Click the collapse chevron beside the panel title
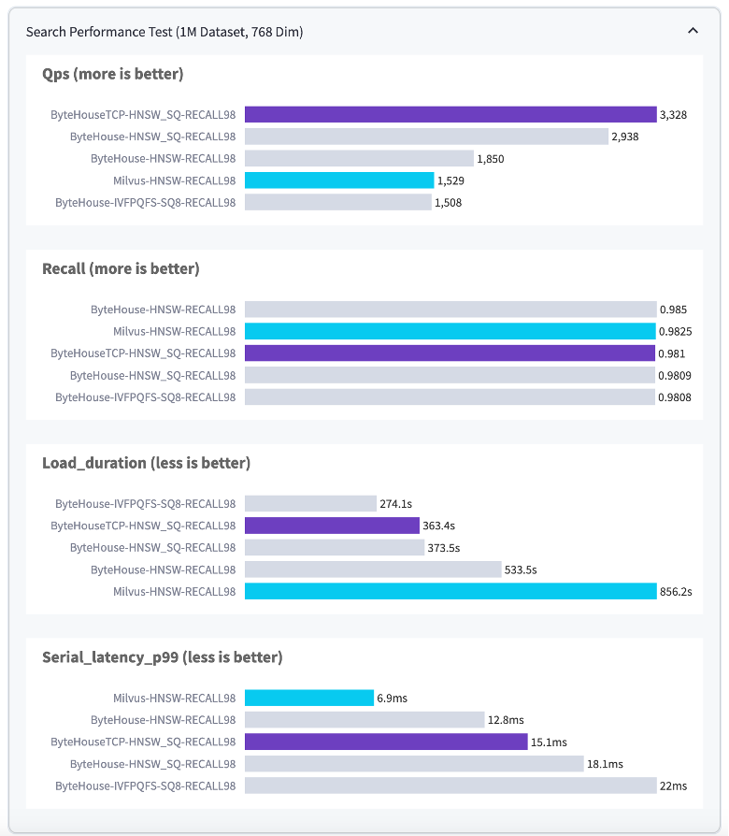tap(693, 31)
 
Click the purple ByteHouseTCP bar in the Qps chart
tap(450, 114)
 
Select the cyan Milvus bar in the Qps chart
tap(339, 180)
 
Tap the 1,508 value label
tap(448, 202)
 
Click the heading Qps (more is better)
tap(113, 74)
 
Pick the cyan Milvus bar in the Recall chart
tap(450, 331)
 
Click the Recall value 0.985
tap(673, 310)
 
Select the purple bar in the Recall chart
tap(450, 353)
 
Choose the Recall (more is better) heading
tap(121, 268)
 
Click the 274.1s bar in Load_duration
tap(310, 503)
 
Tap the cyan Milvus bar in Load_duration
tap(450, 591)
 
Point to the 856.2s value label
tap(676, 592)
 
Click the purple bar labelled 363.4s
tap(332, 526)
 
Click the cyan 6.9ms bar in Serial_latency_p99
tap(309, 698)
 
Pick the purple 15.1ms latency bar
tap(386, 742)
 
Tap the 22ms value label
tap(673, 786)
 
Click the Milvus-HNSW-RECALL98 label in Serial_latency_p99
tap(174, 698)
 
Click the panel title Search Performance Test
tap(164, 32)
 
